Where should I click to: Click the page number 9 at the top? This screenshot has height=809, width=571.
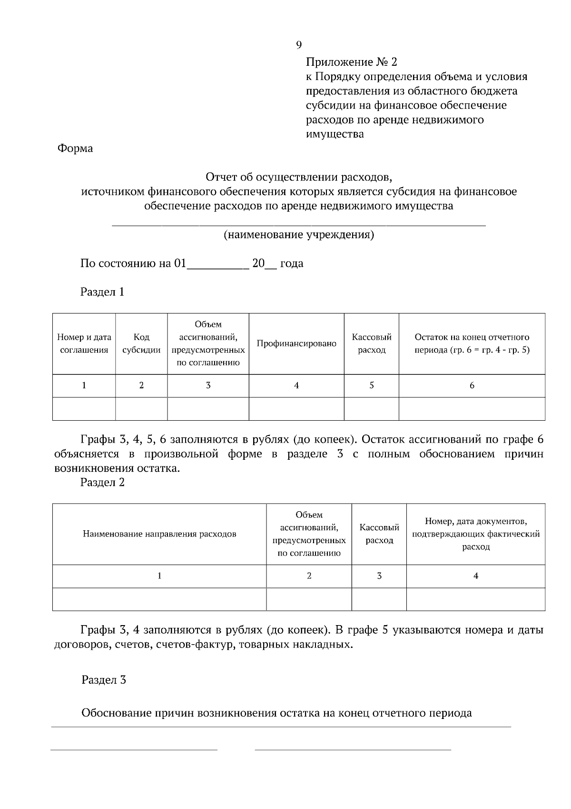click(299, 45)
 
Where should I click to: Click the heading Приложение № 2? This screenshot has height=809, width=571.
click(351, 62)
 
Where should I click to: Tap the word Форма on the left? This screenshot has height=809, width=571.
click(75, 149)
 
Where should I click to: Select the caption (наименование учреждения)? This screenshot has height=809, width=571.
click(299, 235)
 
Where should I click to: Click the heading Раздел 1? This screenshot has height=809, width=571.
click(102, 292)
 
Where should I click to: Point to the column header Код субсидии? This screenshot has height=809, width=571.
click(141, 344)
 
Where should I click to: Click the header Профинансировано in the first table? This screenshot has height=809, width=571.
click(296, 344)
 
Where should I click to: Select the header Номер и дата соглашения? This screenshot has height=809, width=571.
click(84, 344)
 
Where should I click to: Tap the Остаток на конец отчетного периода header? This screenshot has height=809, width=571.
click(472, 344)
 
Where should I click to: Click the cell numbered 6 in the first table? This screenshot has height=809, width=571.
click(472, 385)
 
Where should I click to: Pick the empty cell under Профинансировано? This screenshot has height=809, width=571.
click(296, 409)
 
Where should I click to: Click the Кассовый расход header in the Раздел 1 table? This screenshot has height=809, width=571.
click(372, 344)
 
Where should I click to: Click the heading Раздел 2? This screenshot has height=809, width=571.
click(102, 482)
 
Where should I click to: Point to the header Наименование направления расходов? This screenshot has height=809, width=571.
click(159, 534)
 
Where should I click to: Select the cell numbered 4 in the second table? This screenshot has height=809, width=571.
click(475, 576)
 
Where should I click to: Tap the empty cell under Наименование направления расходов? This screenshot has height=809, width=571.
click(159, 599)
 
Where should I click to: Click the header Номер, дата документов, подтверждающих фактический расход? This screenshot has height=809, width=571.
click(475, 534)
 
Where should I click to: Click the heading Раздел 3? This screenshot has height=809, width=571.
click(103, 680)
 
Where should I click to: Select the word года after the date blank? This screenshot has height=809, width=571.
click(292, 263)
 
